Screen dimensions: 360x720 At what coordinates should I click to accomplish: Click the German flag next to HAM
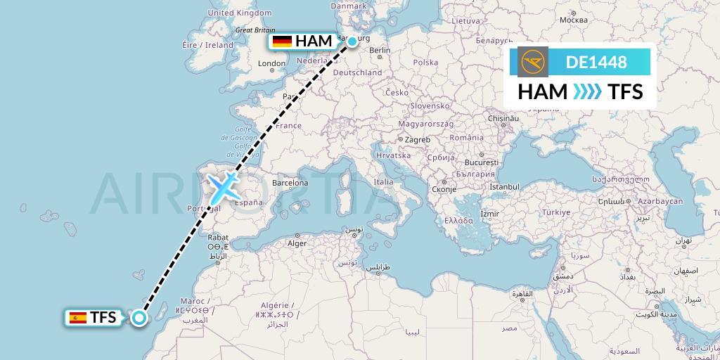tap(283, 41)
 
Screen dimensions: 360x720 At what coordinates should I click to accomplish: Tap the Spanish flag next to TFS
tap(77, 318)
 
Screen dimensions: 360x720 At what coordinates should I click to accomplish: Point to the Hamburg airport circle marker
tap(352, 41)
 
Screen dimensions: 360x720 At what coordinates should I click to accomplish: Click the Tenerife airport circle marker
tap(139, 318)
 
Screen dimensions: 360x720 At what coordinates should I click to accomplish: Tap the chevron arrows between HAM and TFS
tap(588, 91)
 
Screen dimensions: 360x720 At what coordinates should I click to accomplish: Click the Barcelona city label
tap(290, 183)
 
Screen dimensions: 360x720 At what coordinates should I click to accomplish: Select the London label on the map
tap(271, 63)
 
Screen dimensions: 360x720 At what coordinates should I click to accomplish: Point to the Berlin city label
tap(379, 51)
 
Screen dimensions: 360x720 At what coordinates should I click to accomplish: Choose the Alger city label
tap(297, 243)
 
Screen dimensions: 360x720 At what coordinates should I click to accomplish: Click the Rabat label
tap(217, 237)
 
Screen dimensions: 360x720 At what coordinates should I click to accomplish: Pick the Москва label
tap(573, 20)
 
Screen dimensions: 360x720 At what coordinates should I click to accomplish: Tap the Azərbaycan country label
tap(661, 201)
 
